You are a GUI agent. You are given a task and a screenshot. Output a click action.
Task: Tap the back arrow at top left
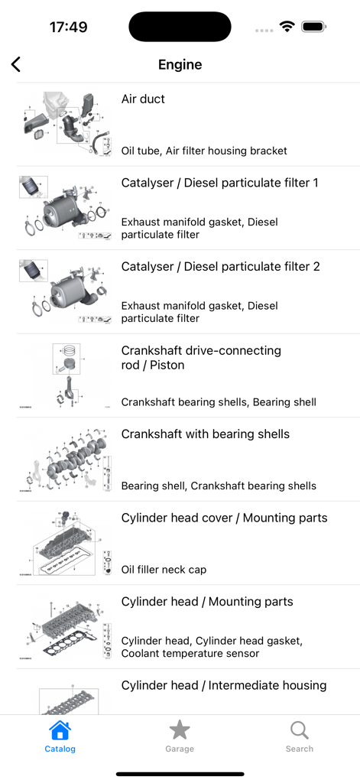16,64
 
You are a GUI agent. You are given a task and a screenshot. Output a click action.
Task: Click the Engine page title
180,64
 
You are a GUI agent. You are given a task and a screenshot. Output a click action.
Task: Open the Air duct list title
143,99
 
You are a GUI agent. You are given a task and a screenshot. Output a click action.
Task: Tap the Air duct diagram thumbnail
66,124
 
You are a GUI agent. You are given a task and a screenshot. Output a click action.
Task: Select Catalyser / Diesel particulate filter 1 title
220,183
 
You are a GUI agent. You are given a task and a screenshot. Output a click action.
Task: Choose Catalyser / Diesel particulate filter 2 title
220,267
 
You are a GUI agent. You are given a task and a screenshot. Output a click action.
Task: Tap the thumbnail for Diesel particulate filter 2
66,291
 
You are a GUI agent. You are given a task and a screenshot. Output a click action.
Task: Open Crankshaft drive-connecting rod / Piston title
201,358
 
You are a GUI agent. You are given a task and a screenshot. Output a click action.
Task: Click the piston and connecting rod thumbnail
66,375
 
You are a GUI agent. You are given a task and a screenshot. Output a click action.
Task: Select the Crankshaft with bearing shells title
205,434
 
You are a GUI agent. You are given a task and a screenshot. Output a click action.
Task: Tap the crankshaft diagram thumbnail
66,459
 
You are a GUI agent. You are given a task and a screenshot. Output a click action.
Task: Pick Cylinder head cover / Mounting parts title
224,518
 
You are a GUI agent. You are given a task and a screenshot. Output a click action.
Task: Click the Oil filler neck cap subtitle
164,570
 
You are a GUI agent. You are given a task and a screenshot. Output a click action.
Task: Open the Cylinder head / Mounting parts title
207,602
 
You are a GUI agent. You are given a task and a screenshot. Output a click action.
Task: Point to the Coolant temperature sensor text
190,654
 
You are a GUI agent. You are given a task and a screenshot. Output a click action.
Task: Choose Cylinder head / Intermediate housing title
224,685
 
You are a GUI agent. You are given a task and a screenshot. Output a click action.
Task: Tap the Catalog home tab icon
60,731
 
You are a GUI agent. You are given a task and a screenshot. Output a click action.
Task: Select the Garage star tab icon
180,731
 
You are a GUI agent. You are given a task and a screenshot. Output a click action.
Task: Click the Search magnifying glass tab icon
300,731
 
